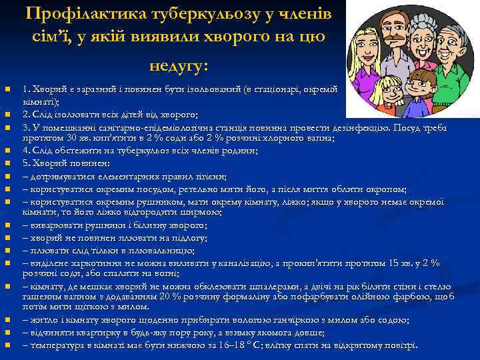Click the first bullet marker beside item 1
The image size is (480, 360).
(x=7, y=89)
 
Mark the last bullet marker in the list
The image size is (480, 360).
(x=7, y=345)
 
